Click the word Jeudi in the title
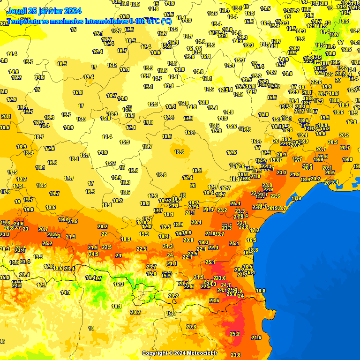pyautogui.click(x=17, y=11)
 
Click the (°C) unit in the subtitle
pyautogui.click(x=166, y=22)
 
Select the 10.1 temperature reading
pyautogui.click(x=117, y=306)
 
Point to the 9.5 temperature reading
pyautogui.click(x=345, y=21)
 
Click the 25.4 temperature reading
pyautogui.click(x=235, y=203)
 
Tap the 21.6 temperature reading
pyautogui.click(x=256, y=337)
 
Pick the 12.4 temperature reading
pyautogui.click(x=97, y=52)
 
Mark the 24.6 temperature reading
pyautogui.click(x=19, y=224)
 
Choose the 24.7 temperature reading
pyautogui.click(x=226, y=285)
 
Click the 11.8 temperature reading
pyautogui.click(x=153, y=9)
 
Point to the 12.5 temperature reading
pyautogui.click(x=355, y=30)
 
